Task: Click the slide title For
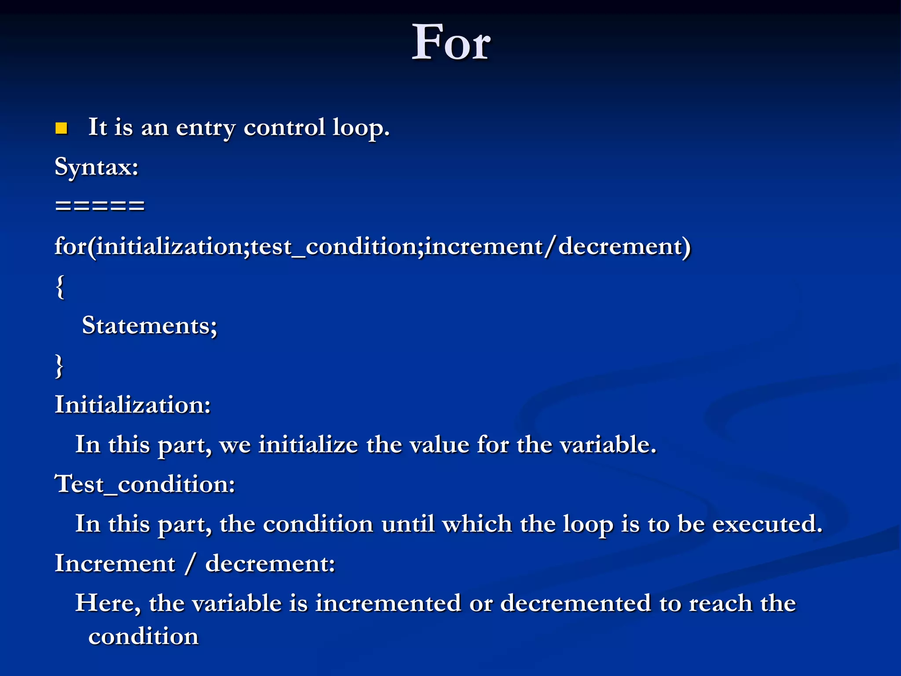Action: [451, 43]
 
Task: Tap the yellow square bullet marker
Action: [61, 128]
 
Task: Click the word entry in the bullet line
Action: [205, 128]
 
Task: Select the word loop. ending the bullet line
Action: [361, 128]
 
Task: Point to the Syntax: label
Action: [97, 167]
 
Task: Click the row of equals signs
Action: [100, 205]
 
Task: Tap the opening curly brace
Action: [60, 287]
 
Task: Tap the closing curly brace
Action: [59, 366]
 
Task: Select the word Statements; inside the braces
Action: [150, 326]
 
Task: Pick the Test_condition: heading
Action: [145, 484]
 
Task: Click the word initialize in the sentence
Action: [308, 444]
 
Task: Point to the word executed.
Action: [767, 524]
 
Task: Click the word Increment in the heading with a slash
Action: [115, 563]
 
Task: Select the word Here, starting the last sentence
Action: [108, 603]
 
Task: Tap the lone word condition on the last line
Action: [143, 636]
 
